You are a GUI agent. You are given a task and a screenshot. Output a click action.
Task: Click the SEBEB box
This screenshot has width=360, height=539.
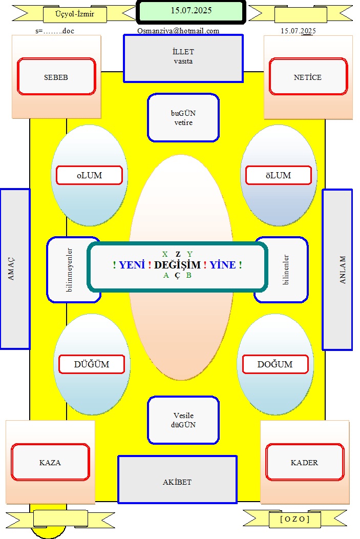click(x=56, y=76)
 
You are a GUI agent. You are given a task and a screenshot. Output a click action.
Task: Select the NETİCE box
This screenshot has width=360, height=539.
click(x=308, y=76)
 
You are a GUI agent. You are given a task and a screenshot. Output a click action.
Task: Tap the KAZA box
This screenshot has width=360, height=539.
click(x=50, y=462)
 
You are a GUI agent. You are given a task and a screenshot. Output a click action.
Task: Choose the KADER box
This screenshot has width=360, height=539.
click(x=305, y=462)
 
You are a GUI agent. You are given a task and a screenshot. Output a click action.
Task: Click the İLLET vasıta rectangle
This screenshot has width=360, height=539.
click(x=183, y=58)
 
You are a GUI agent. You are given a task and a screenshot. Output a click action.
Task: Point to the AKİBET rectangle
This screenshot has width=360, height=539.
click(x=177, y=480)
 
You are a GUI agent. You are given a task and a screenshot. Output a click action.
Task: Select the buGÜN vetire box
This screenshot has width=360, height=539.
click(x=183, y=117)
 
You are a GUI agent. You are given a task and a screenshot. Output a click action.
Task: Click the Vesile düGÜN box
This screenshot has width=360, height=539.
click(x=183, y=420)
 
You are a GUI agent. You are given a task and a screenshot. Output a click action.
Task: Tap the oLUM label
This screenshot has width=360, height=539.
click(x=89, y=175)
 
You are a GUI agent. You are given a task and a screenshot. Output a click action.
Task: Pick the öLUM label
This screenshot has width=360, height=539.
click(x=278, y=175)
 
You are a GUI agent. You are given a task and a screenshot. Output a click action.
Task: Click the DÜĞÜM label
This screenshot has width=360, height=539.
click(x=91, y=364)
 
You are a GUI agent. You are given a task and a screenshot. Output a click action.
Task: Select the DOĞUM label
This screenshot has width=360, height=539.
click(x=275, y=364)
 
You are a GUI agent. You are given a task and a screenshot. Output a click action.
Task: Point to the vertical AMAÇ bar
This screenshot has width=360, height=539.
click(x=15, y=269)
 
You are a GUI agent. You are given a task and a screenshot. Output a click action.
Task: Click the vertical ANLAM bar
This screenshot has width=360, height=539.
click(x=337, y=269)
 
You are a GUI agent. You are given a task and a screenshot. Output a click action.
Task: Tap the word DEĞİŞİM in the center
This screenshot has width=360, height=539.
click(x=177, y=265)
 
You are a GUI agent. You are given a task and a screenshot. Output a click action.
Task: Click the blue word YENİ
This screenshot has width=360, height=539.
click(x=132, y=265)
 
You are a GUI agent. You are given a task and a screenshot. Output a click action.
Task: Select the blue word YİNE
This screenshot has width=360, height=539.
click(x=223, y=265)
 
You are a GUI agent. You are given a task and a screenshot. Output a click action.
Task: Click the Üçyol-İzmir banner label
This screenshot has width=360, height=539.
click(x=75, y=14)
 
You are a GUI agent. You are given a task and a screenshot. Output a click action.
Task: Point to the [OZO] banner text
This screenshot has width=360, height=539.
click(x=295, y=519)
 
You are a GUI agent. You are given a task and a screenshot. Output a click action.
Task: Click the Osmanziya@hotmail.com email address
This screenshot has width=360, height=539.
click(x=178, y=31)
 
